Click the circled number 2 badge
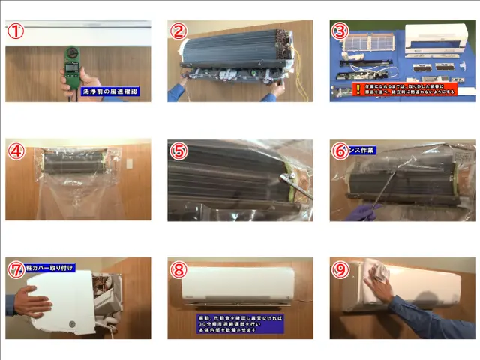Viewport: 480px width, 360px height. tap(178, 31)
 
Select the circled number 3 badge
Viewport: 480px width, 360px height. tap(340, 31)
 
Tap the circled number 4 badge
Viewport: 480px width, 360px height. tap(16, 150)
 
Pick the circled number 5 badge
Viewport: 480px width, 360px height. tap(178, 150)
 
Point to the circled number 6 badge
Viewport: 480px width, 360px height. tap(340, 150)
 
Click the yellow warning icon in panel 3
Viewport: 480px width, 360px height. tap(337, 88)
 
